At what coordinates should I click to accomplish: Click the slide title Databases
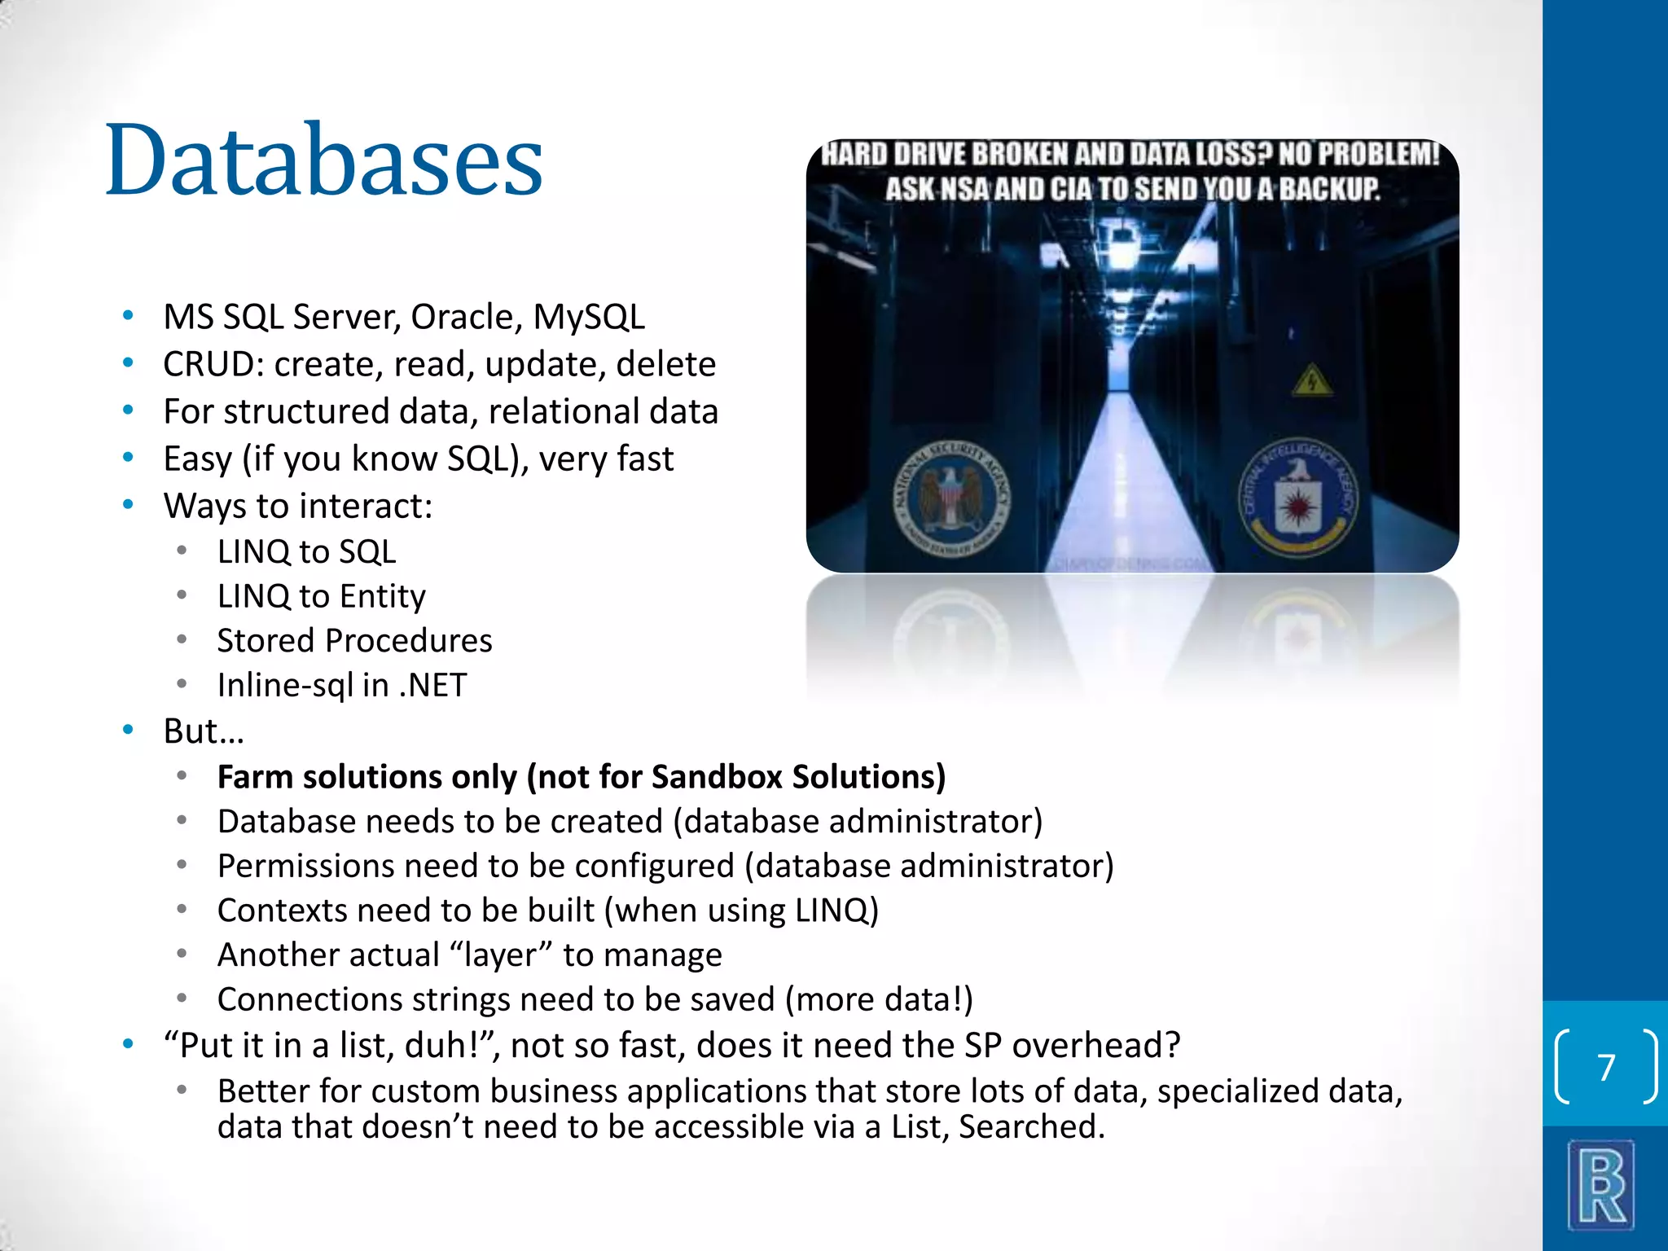coord(324,160)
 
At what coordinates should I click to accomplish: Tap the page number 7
coord(1605,1067)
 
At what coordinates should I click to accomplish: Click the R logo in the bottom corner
coord(1601,1186)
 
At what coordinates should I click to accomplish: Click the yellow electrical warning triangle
coord(1312,380)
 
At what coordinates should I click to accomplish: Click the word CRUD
coord(208,364)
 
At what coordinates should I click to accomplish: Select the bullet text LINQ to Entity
coord(321,596)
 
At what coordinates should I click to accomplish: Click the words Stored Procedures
coord(354,641)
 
